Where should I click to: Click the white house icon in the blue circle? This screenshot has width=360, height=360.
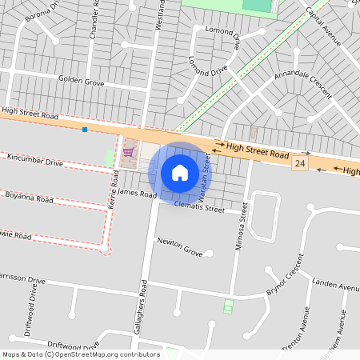pyautogui.click(x=180, y=172)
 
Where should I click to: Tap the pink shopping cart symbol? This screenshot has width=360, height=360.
pyautogui.click(x=127, y=151)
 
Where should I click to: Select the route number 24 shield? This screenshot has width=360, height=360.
pyautogui.click(x=300, y=163)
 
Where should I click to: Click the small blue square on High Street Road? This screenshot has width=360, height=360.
pyautogui.click(x=84, y=129)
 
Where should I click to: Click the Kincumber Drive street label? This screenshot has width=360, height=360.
pyautogui.click(x=34, y=162)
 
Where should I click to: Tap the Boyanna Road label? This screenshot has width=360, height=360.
pyautogui.click(x=29, y=198)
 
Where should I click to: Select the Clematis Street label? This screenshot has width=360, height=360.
pyautogui.click(x=200, y=207)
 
